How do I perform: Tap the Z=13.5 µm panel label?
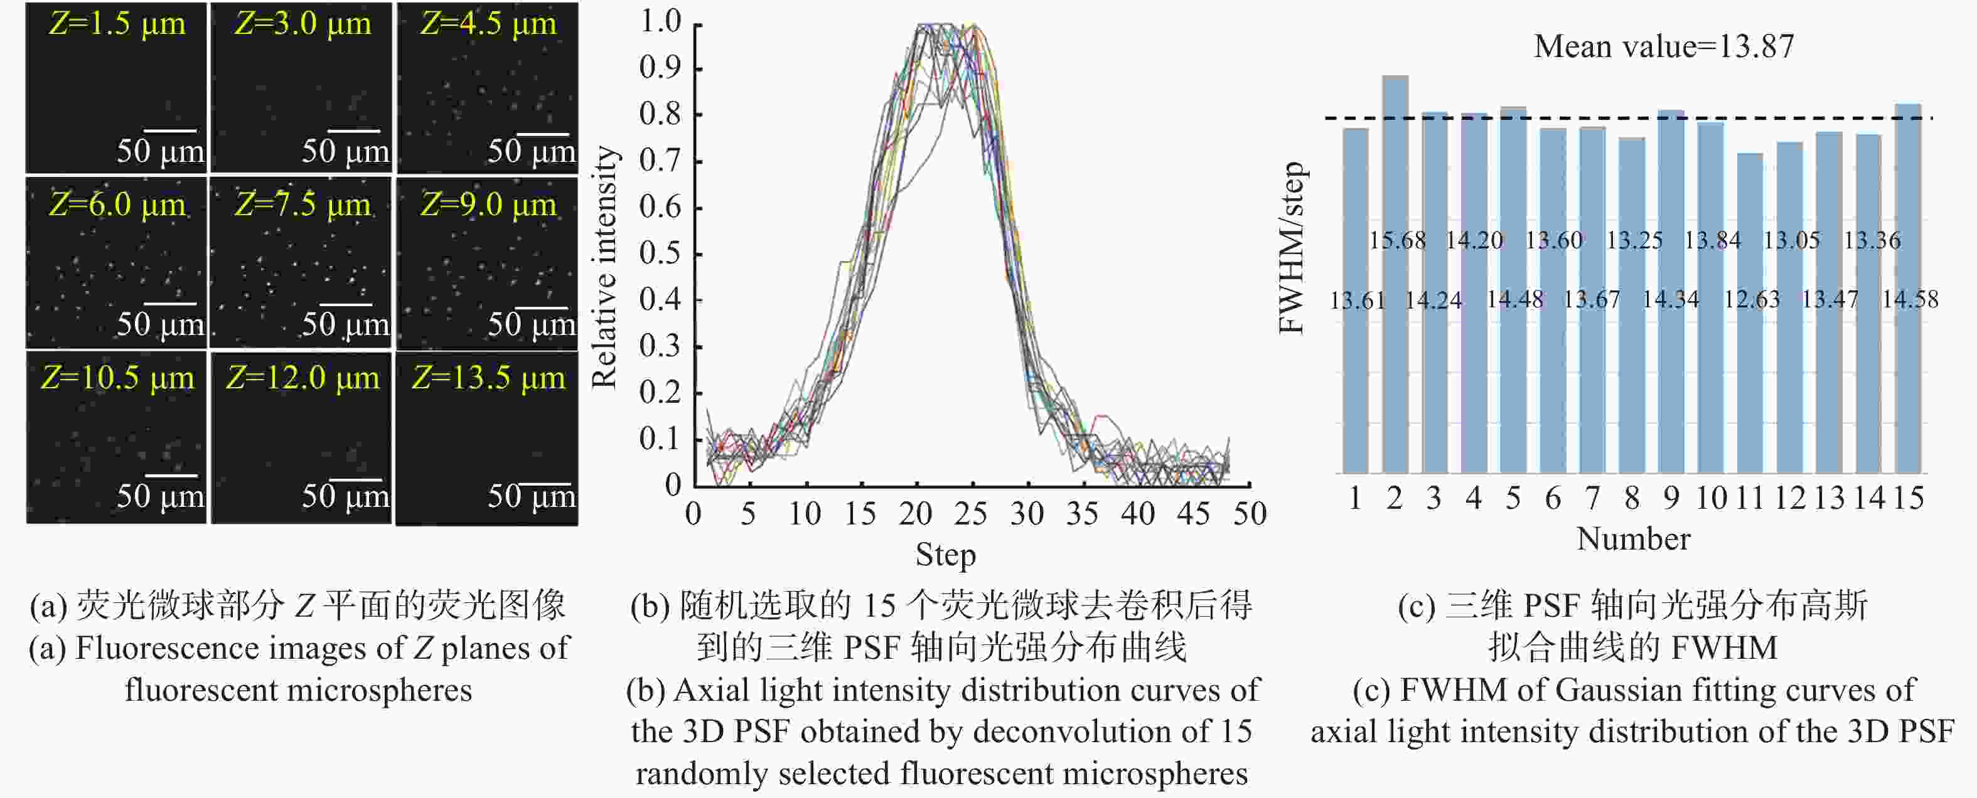[x=488, y=378]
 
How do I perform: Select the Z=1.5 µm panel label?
[x=117, y=24]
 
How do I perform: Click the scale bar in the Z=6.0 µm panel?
[x=170, y=305]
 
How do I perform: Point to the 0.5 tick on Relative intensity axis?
[x=660, y=254]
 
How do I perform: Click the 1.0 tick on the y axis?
[x=660, y=22]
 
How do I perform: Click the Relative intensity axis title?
[x=605, y=267]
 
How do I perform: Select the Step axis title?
[x=946, y=555]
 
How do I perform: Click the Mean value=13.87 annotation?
[x=1664, y=47]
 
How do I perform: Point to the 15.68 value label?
[x=1398, y=240]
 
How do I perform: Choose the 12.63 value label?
[x=1751, y=299]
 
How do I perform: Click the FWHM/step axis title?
[x=1292, y=247]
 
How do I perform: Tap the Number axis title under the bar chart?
[x=1633, y=540]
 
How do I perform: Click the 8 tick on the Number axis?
[x=1632, y=499]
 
